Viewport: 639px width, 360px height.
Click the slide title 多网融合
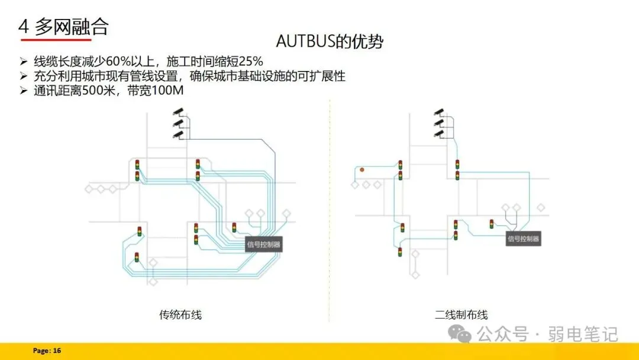pos(71,26)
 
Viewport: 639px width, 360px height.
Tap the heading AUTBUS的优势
pos(330,41)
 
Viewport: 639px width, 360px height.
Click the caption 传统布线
pos(180,315)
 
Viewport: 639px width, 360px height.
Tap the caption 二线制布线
pos(461,315)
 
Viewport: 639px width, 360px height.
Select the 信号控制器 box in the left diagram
pos(264,244)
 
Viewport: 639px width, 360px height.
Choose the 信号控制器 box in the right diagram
pos(524,239)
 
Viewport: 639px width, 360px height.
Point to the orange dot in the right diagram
pos(362,170)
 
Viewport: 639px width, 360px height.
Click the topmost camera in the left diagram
pos(177,111)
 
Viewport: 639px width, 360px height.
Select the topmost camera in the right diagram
pos(438,111)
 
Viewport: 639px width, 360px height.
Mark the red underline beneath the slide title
pos(56,40)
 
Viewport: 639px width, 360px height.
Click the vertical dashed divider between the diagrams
pos(330,207)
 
